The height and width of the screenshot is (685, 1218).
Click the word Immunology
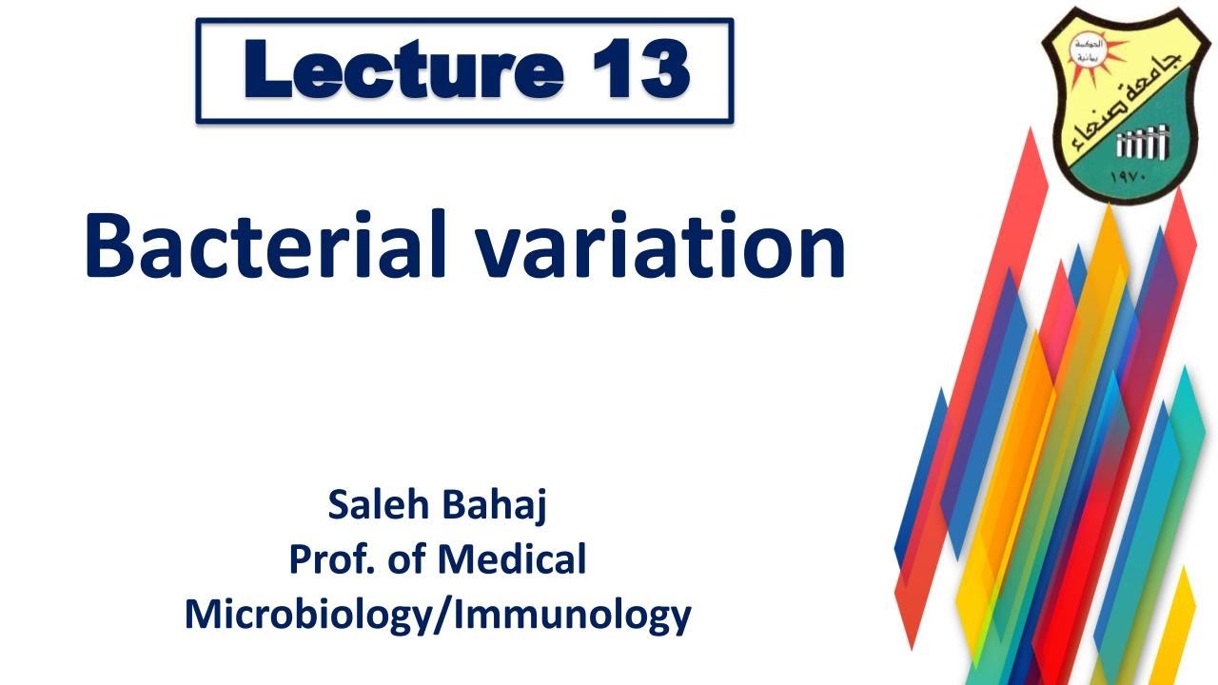(571, 616)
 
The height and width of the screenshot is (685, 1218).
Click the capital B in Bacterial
(109, 245)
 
